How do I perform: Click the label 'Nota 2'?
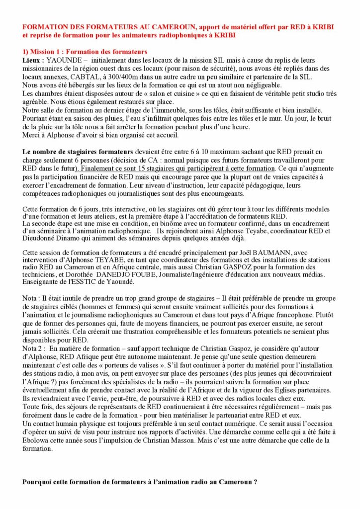point(34,349)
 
